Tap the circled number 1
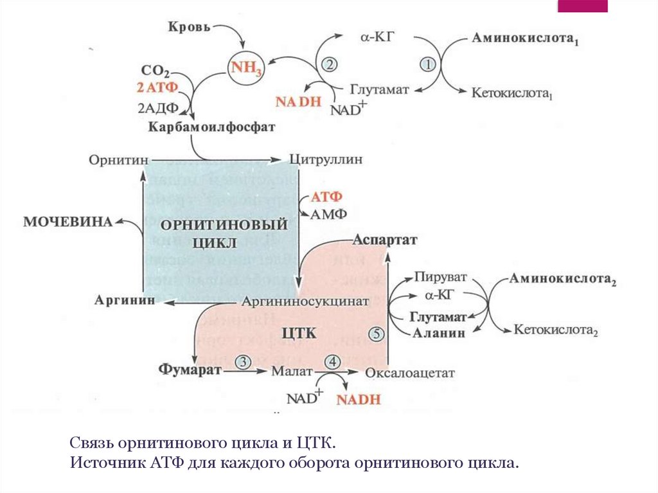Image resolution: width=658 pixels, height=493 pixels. (428, 64)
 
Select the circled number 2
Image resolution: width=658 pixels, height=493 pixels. (329, 64)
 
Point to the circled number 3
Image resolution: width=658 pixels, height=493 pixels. (243, 362)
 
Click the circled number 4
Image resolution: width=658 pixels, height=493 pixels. (333, 362)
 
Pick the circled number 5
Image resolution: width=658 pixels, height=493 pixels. (377, 333)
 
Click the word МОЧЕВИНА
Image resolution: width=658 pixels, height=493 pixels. (67, 222)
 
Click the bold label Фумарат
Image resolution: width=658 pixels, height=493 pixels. (190, 370)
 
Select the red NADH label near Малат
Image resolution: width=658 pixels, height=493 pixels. (359, 399)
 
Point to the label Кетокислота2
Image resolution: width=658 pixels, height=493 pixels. (556, 330)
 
